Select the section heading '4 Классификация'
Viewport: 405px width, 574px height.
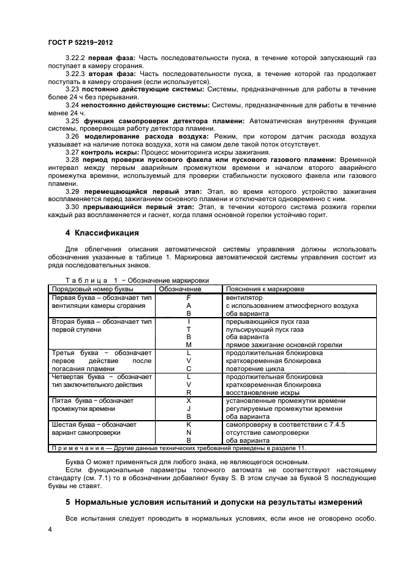click(x=102, y=233)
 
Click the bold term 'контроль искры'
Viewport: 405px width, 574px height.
click(x=110, y=151)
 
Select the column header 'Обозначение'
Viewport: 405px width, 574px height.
click(x=180, y=289)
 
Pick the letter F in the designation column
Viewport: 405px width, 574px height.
click(x=189, y=297)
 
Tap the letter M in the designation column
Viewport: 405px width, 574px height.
click(x=189, y=345)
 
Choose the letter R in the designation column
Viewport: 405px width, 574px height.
click(x=189, y=392)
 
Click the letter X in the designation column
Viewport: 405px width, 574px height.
click(x=189, y=400)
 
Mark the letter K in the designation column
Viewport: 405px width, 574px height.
click(x=189, y=424)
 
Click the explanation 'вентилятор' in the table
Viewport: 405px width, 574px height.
click(x=244, y=297)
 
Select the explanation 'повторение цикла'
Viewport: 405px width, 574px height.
click(x=255, y=369)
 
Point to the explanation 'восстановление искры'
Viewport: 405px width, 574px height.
click(x=263, y=392)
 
